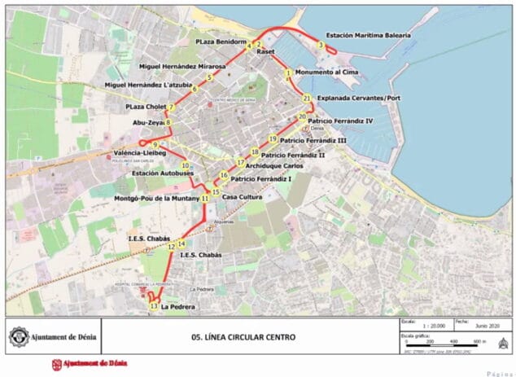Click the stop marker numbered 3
[321, 46]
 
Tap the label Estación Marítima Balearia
[368, 36]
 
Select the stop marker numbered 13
[154, 306]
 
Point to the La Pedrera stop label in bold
[177, 308]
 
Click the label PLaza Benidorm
[221, 41]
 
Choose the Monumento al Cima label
[326, 72]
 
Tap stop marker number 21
[306, 99]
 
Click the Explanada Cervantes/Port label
[359, 98]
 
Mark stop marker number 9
[154, 145]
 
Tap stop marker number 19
[273, 138]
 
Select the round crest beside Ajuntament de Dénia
[17, 336]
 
